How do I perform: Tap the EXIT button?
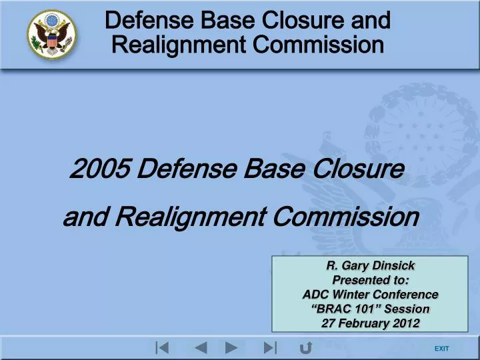click(441, 349)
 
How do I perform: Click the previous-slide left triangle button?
click(201, 347)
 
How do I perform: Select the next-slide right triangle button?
click(231, 347)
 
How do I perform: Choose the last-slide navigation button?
click(270, 347)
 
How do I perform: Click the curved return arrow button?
click(307, 347)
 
